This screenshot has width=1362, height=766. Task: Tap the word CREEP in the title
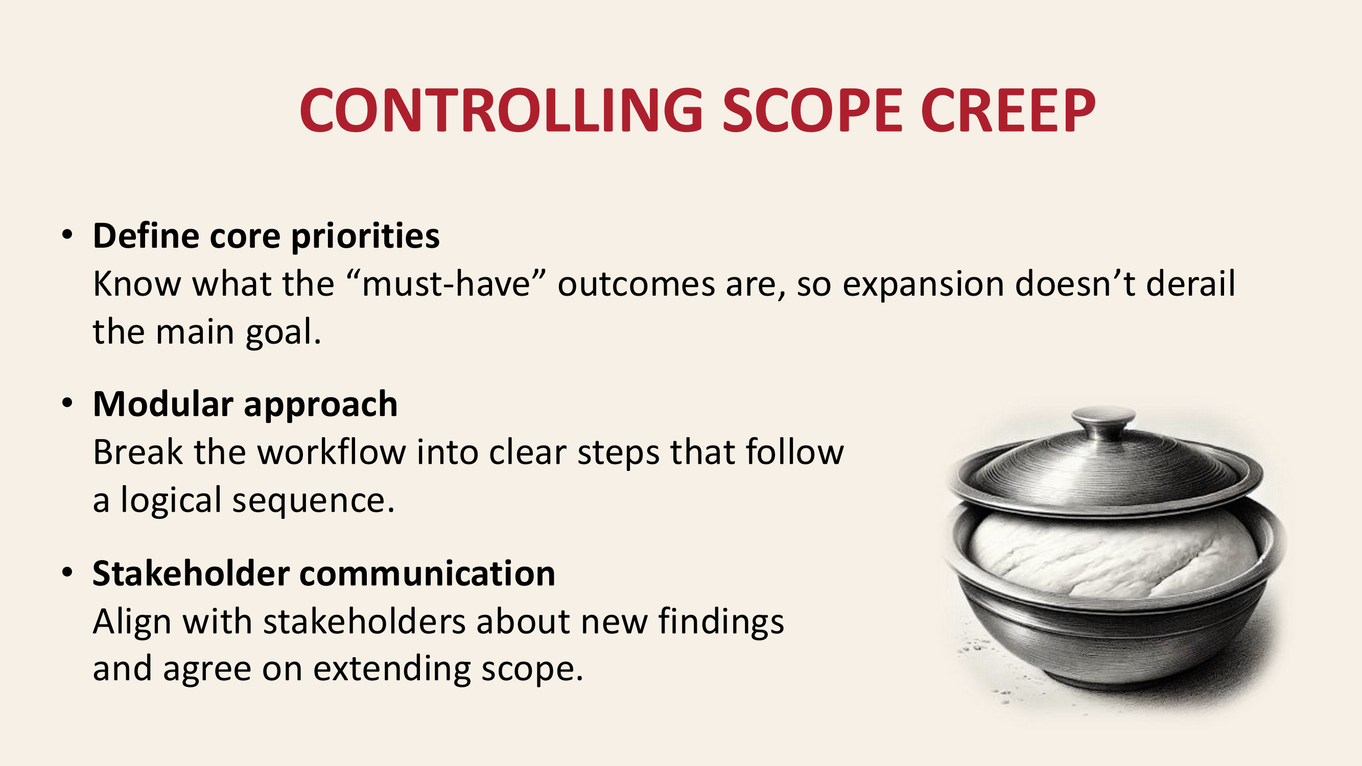(1008, 110)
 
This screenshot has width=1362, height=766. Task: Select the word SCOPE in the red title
(812, 110)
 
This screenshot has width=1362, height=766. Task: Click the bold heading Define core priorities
(266, 236)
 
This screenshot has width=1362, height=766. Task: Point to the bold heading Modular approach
(245, 405)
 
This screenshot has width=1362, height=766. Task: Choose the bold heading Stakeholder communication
(323, 573)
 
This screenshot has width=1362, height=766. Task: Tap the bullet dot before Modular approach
(67, 403)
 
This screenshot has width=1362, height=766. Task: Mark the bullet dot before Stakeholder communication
(67, 572)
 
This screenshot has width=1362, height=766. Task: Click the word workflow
(332, 452)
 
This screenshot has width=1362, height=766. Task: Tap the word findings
(721, 622)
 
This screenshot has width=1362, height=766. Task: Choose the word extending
(392, 669)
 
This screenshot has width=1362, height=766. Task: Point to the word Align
(132, 622)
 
